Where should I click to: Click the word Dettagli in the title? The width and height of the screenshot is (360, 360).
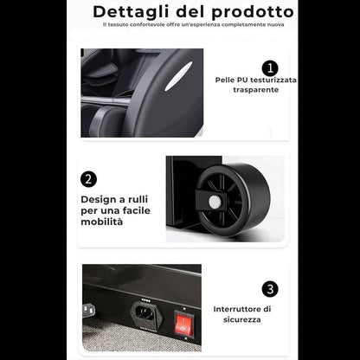tap(131, 12)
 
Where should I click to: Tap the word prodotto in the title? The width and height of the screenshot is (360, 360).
tap(253, 12)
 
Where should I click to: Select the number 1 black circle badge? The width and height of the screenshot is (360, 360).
tap(270, 68)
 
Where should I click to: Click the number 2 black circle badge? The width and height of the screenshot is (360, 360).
tap(88, 179)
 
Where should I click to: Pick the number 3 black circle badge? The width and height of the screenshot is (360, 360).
tap(270, 289)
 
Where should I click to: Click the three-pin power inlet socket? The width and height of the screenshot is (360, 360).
tap(146, 314)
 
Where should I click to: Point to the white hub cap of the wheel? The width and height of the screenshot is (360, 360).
tap(214, 202)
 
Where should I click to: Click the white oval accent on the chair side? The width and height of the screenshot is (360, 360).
tap(178, 76)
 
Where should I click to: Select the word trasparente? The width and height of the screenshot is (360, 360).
tap(256, 90)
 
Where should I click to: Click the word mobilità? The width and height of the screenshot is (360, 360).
tap(102, 222)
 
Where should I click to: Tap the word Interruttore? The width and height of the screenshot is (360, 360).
tap(238, 309)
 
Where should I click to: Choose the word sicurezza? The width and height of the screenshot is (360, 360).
tap(242, 319)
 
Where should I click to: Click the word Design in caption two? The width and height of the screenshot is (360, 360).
tap(99, 200)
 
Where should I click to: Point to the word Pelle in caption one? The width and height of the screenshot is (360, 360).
tap(225, 80)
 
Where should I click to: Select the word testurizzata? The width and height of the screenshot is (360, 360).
tap(273, 80)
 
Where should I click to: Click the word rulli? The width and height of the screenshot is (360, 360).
tap(138, 199)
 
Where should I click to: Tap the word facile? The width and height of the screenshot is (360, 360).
tap(138, 210)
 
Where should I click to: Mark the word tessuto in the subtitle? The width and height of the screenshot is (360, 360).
tap(118, 25)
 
